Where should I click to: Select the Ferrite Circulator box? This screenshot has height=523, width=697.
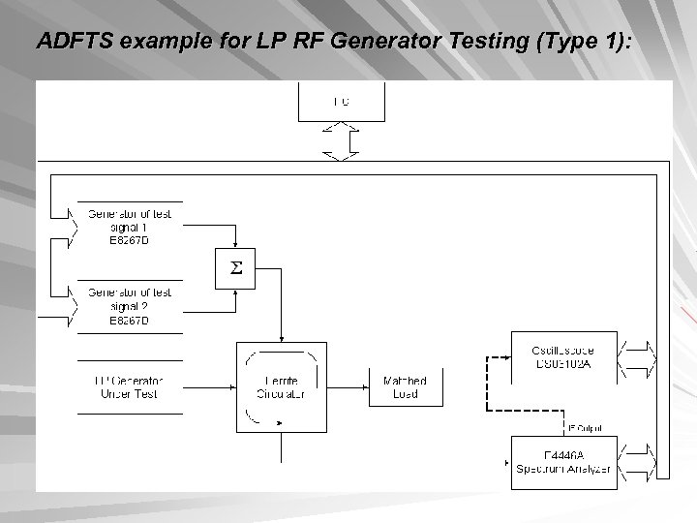pos(281,386)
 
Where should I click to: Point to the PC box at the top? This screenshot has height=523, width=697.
pos(341,101)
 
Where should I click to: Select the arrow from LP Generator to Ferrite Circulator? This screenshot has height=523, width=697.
pos(209,386)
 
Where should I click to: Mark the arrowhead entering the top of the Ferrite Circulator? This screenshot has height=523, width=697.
pos(281,337)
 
